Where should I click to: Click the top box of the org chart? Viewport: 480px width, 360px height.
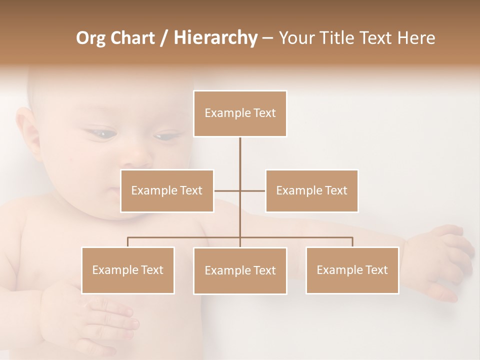pos(240,113)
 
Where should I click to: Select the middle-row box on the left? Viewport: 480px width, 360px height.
pos(167,190)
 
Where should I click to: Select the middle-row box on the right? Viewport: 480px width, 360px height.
pos(311,190)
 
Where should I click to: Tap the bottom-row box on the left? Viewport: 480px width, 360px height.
pos(128,270)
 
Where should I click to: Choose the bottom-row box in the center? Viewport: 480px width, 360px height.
pos(240,270)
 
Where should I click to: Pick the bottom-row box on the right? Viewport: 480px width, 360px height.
pos(352,270)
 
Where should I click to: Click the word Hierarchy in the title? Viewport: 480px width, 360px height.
pos(215,38)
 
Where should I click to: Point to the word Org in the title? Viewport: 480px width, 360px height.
pos(91,38)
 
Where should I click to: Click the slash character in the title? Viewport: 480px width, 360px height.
pos(163,38)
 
